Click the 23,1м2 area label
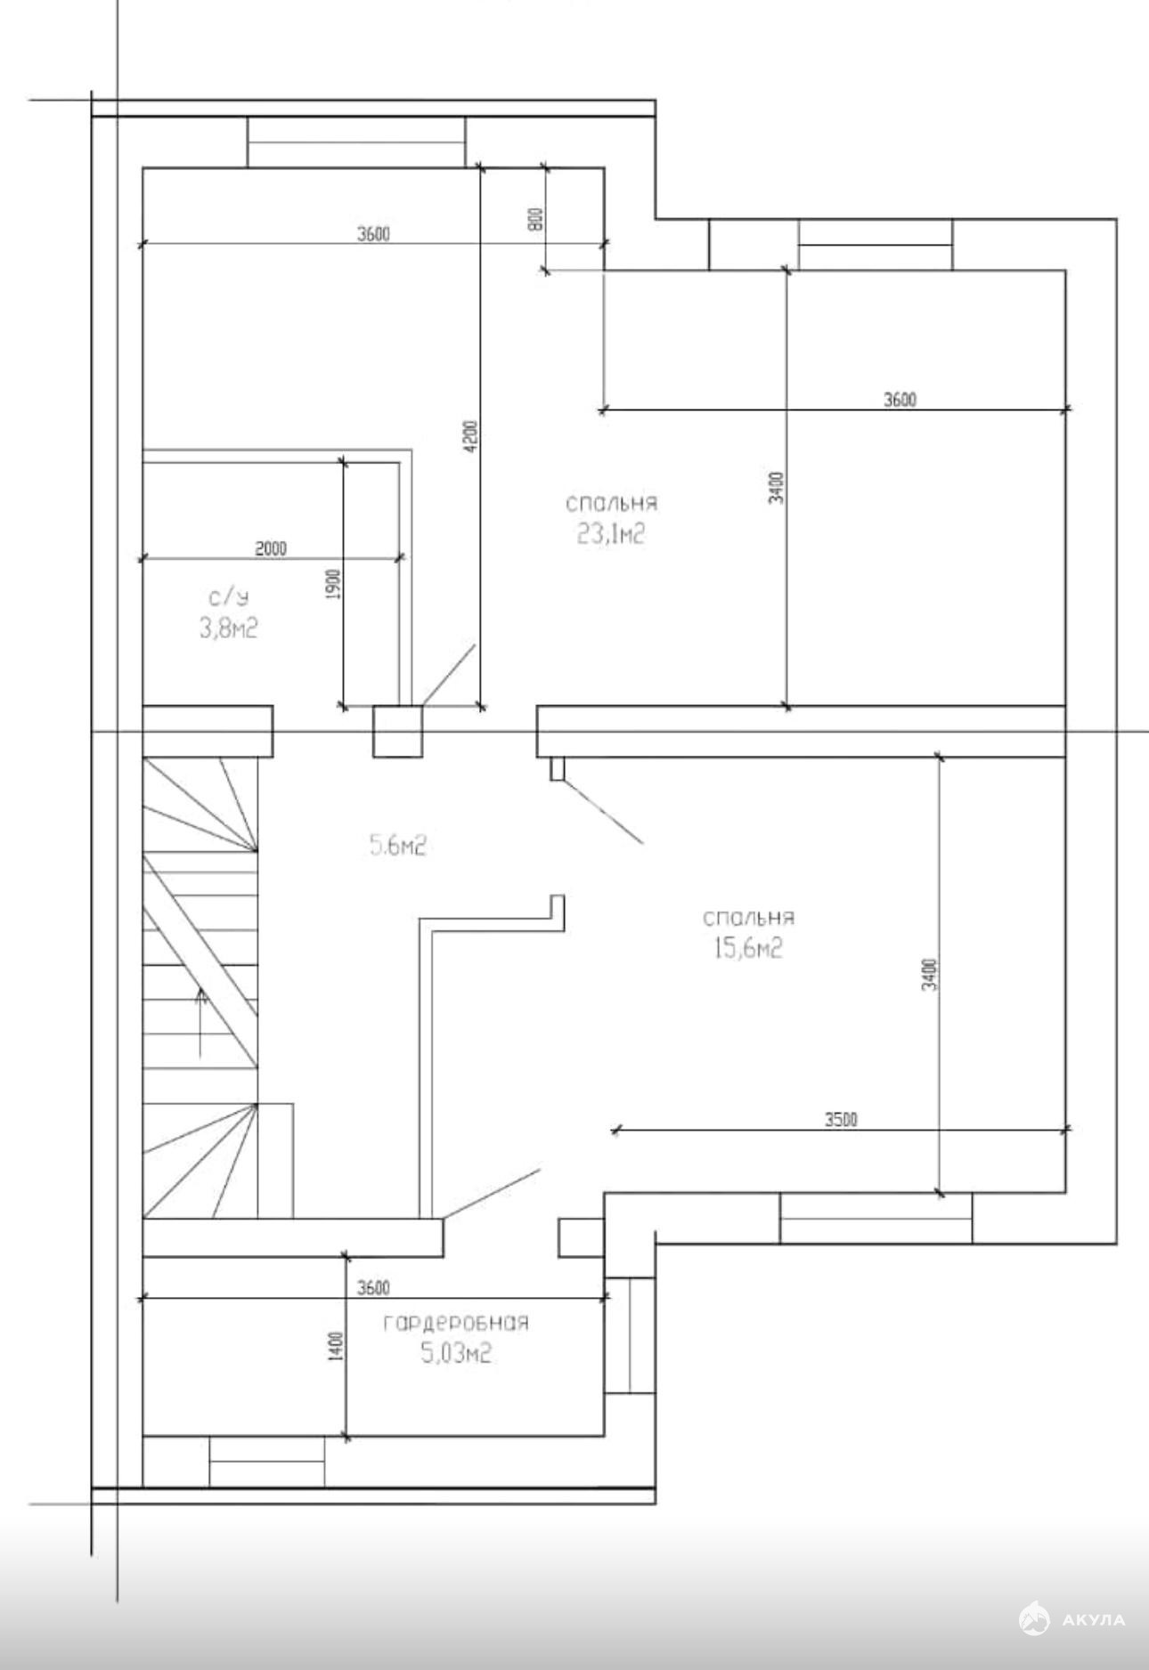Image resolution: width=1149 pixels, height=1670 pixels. click(x=611, y=534)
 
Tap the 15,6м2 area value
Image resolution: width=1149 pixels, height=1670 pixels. click(x=748, y=949)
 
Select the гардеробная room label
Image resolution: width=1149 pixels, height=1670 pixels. click(x=456, y=1323)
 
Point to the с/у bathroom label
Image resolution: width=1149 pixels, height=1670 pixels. click(x=229, y=597)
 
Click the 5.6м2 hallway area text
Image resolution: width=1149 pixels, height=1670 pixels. click(x=398, y=846)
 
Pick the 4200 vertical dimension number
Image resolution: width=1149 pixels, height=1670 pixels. click(x=472, y=436)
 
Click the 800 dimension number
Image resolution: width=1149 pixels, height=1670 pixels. click(x=535, y=219)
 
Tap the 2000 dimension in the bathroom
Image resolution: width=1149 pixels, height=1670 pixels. click(x=272, y=548)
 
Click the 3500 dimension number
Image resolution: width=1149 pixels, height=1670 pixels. click(x=841, y=1119)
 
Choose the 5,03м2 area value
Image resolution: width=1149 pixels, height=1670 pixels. click(x=456, y=1355)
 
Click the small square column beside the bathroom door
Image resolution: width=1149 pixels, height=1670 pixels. click(x=397, y=732)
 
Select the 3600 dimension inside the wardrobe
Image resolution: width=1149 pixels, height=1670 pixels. click(x=373, y=1287)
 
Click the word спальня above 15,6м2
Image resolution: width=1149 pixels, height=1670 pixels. click(x=748, y=918)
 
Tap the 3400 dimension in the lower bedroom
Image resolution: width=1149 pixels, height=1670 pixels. click(x=928, y=975)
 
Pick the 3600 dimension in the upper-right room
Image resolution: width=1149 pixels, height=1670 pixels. click(x=900, y=400)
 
